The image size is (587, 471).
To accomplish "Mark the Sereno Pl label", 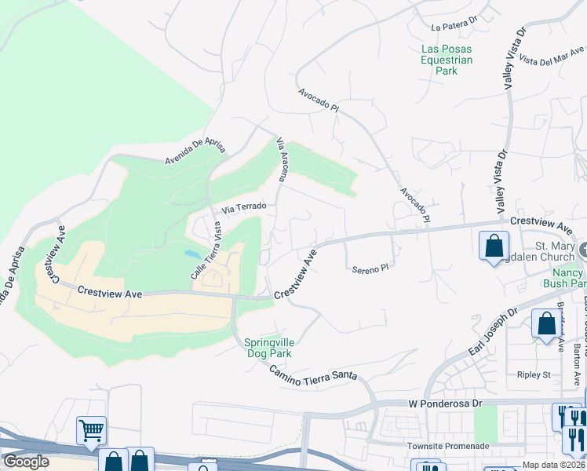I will [x=370, y=268].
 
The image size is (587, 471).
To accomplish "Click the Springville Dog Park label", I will [x=267, y=348].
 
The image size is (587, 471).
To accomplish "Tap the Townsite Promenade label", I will [x=449, y=446].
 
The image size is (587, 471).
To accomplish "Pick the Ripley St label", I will [x=534, y=375].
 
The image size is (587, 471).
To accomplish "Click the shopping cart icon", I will [x=92, y=429].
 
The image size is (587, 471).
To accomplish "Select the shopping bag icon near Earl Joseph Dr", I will [x=545, y=323].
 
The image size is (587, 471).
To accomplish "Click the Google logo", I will [x=26, y=462].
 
